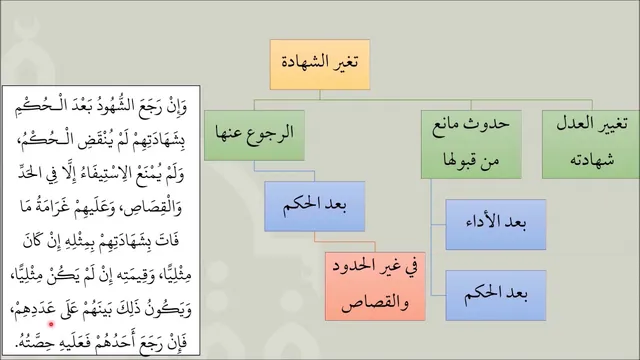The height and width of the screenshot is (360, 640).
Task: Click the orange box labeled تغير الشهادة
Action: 320,64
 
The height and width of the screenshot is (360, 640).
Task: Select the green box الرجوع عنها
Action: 254,135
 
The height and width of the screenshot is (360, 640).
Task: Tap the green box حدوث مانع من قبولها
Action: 471,144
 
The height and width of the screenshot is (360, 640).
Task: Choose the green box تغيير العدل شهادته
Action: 591,144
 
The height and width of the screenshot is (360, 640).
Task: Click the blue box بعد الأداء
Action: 496,224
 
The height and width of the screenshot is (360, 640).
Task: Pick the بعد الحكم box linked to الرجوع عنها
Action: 314,207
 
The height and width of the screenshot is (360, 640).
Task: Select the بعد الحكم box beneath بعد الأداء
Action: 496,295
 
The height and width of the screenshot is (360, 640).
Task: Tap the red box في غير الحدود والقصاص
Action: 375,286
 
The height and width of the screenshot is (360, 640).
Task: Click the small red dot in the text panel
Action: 51,324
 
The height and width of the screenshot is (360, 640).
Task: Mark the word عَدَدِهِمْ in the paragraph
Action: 34,310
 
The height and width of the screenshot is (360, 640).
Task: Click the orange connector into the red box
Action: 344,242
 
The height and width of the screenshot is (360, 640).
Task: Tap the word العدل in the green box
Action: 573,123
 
